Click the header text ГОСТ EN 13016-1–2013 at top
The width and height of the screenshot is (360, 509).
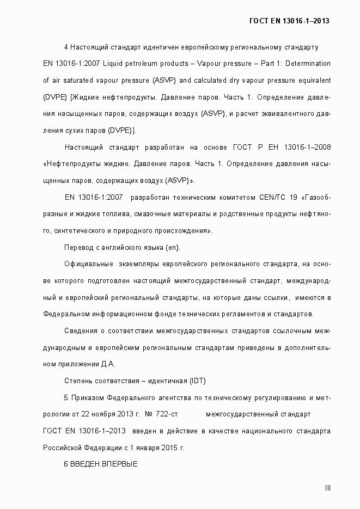289,21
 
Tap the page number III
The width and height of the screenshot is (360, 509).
327,488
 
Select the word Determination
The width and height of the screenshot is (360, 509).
307,64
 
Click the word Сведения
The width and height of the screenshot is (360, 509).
81,330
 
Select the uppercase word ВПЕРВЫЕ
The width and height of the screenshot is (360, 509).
119,464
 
